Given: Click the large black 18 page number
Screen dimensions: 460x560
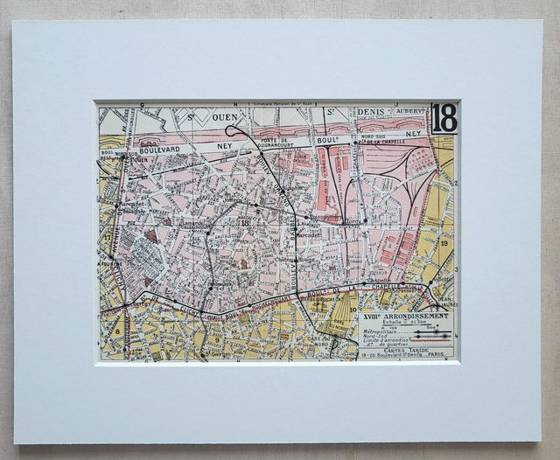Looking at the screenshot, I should pyautogui.click(x=444, y=118).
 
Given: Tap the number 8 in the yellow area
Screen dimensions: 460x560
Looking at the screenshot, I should pyautogui.click(x=115, y=332).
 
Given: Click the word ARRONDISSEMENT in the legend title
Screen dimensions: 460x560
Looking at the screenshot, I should pyautogui.click(x=421, y=316).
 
